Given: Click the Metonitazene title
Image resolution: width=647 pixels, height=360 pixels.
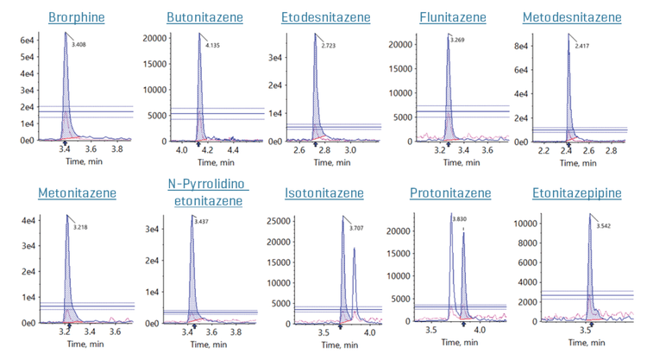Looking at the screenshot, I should tap(79, 192).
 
